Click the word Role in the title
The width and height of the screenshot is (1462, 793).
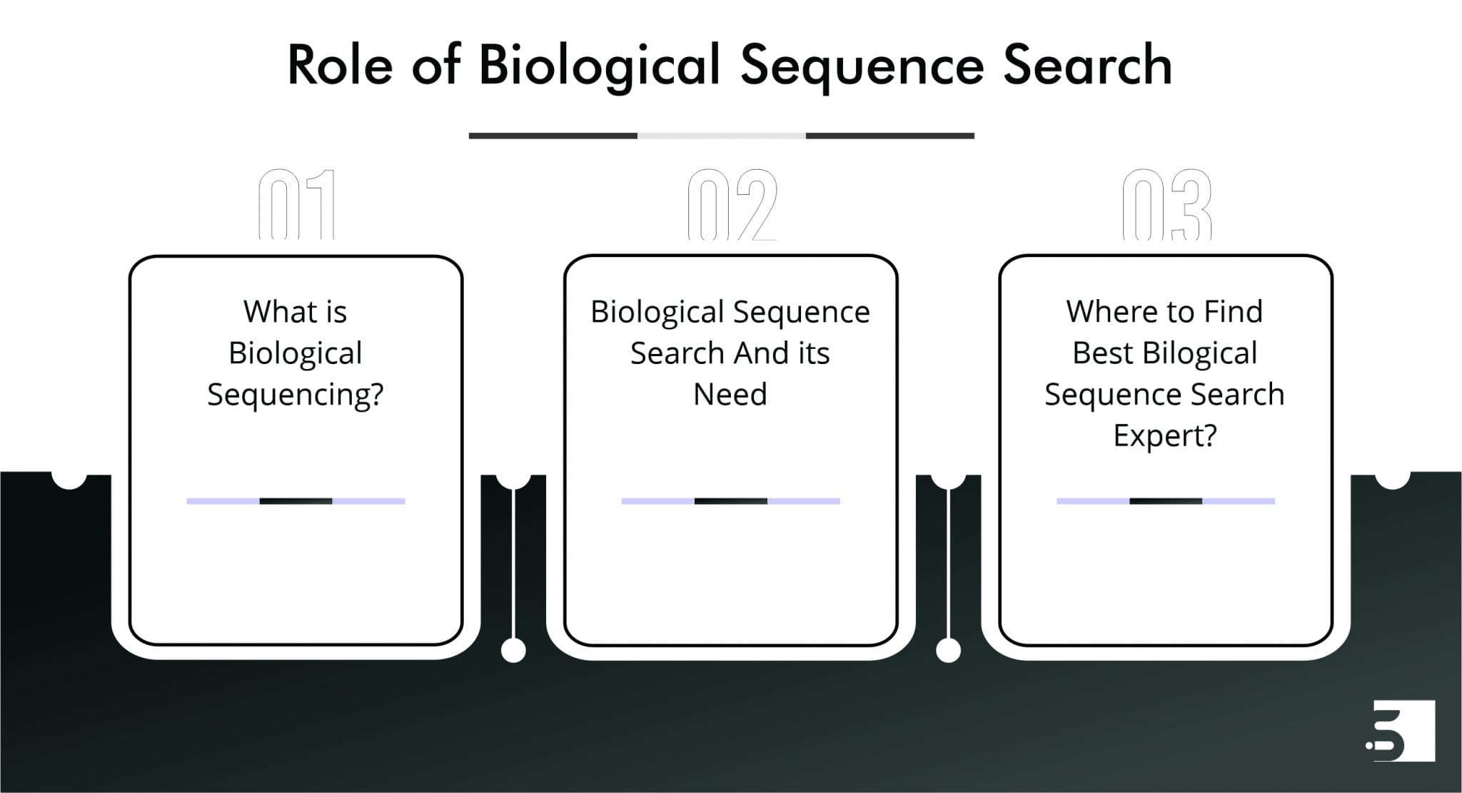340,65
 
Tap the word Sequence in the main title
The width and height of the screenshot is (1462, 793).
862,66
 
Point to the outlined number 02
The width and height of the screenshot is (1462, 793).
732,205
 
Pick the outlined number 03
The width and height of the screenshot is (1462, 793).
1166,205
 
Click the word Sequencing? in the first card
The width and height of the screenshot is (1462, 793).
296,395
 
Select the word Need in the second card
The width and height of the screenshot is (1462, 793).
730,394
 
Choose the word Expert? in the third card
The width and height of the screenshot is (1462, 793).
1165,435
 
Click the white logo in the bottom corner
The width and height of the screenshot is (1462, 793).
1398,730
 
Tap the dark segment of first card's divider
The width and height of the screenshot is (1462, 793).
296,501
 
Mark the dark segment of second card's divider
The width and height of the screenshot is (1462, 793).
730,501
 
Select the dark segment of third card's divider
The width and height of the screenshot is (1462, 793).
1165,501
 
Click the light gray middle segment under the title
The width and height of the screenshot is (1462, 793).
721,136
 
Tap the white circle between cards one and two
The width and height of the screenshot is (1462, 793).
513,650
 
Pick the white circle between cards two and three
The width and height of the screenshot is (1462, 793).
948,650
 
